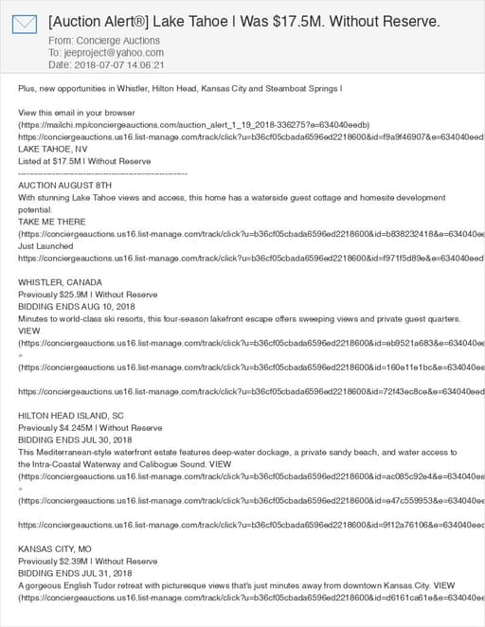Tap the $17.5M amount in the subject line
pos(309,21)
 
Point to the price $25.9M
pos(79,294)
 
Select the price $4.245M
pos(81,427)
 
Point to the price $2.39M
pos(78,561)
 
